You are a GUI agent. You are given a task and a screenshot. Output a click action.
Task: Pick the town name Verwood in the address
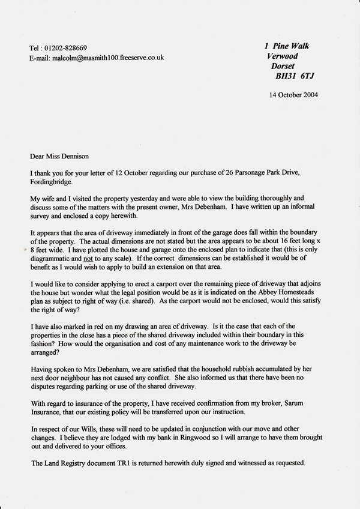tap(287, 56)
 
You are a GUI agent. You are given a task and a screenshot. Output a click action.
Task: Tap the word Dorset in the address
tap(287, 67)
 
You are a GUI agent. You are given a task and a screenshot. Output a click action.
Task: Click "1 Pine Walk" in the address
tap(287, 46)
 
